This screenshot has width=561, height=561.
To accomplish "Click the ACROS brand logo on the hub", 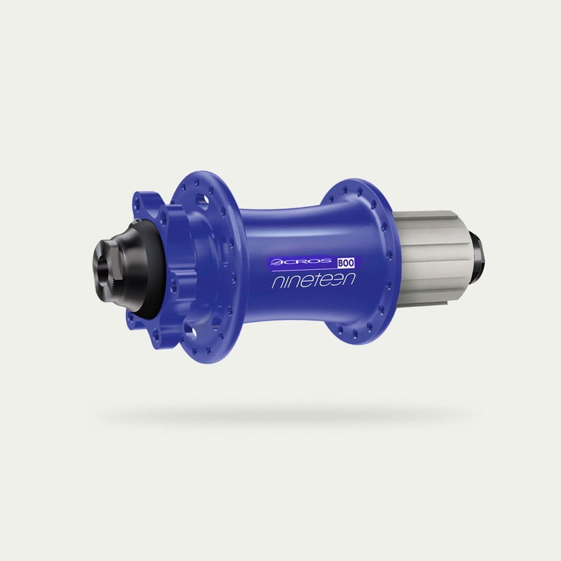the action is [x=301, y=262].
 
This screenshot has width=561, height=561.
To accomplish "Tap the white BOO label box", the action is [x=346, y=263].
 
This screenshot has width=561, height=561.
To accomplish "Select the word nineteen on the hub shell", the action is [x=313, y=280].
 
